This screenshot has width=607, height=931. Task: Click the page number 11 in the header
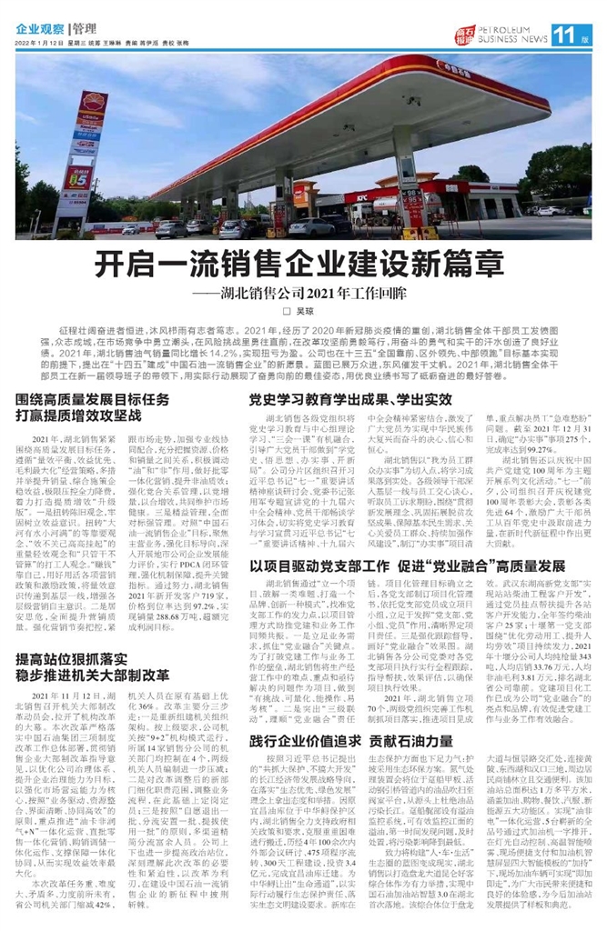567,35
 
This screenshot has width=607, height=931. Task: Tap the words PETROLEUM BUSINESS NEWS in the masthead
513,35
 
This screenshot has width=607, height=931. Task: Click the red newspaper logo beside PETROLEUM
466,35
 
